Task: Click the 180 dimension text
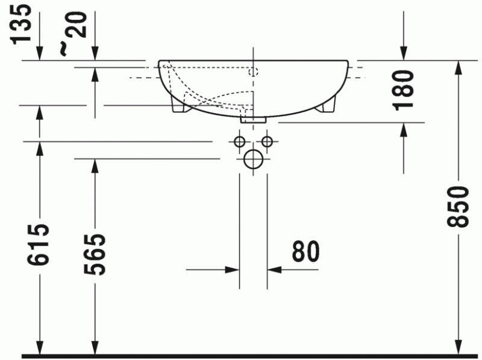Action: (x=402, y=90)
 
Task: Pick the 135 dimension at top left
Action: (x=23, y=24)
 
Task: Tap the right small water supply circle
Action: (x=267, y=142)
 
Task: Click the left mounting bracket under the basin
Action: (x=179, y=105)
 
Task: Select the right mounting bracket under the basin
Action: (x=328, y=105)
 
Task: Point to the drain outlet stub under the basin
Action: (x=253, y=119)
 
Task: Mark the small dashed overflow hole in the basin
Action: (x=253, y=72)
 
